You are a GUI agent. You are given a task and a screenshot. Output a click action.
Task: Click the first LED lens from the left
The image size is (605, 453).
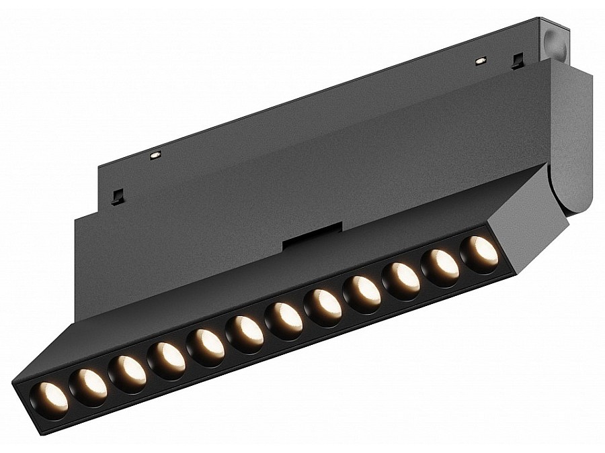(48, 400)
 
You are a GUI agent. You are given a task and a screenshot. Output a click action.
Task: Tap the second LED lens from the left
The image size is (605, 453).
(88, 386)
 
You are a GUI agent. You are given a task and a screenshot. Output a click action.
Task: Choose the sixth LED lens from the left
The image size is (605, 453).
(245, 330)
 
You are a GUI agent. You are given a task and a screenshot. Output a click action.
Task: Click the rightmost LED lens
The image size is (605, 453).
(479, 248)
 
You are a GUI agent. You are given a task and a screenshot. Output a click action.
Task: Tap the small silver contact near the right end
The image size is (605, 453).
(480, 61)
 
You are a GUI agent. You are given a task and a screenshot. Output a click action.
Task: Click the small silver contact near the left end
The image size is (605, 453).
(155, 155)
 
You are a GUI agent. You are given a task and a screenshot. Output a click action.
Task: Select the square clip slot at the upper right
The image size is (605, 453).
(517, 61)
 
